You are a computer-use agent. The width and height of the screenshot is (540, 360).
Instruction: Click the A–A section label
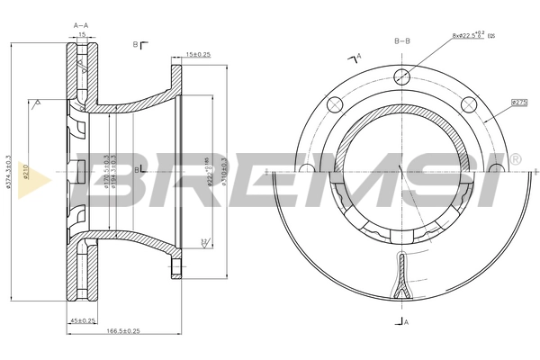tap(80, 24)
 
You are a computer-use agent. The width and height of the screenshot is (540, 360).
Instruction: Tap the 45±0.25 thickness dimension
tap(84, 319)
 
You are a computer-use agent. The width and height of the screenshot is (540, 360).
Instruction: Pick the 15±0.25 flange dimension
tap(198, 55)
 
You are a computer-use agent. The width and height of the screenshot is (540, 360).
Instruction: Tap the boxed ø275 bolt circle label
tap(517, 103)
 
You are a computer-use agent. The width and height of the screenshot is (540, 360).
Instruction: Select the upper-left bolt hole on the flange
tap(334, 107)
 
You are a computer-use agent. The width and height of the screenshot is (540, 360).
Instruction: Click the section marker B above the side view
tap(136, 43)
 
